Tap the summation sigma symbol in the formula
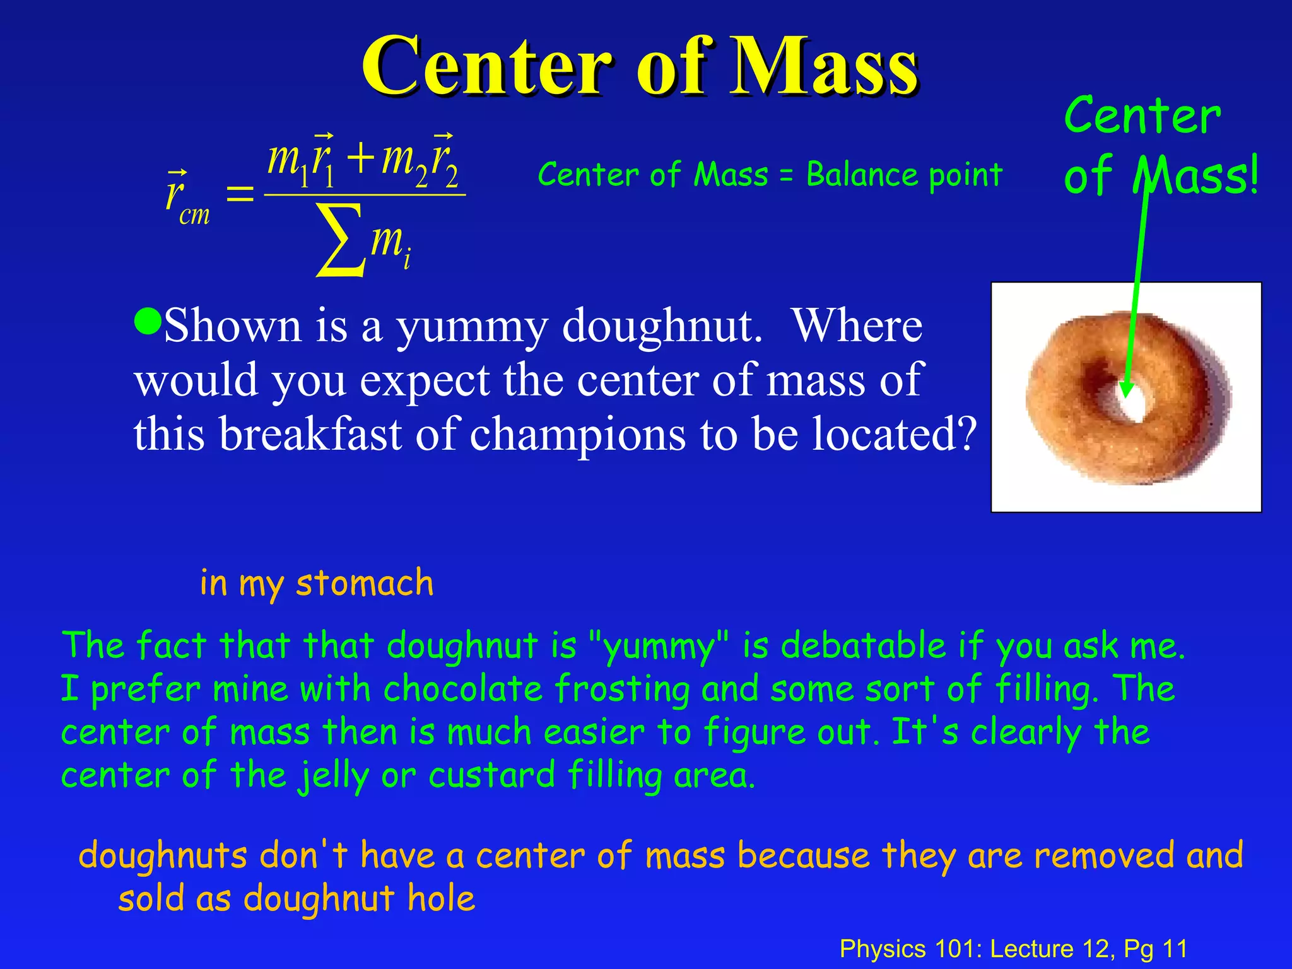[x=341, y=240]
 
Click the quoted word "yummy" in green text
[x=658, y=647]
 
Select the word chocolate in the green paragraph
[x=463, y=689]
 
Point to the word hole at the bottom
[x=441, y=898]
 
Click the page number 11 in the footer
[x=1175, y=949]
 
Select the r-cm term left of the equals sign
[x=187, y=197]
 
